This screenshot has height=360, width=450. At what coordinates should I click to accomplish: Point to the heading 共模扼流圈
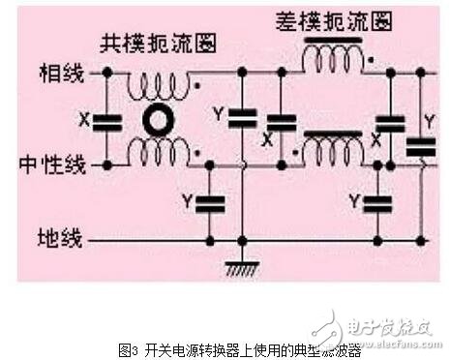pos(160,44)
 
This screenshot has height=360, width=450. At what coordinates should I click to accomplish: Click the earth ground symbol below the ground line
pos(242,267)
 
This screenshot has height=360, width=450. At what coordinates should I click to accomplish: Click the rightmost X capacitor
pos(389,124)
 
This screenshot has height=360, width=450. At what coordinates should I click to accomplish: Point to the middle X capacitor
pos(281,124)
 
